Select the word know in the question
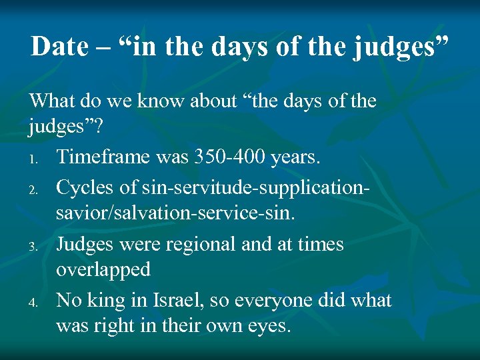(153, 101)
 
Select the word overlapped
(103, 271)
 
